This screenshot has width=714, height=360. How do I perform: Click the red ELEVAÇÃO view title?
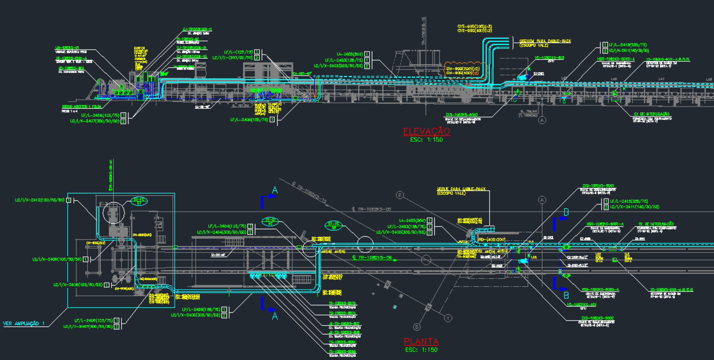click(x=426, y=131)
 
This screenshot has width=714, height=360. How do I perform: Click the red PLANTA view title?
click(x=421, y=342)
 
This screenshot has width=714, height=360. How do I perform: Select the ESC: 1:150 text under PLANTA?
click(x=421, y=350)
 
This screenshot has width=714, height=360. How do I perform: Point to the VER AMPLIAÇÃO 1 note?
click(x=24, y=324)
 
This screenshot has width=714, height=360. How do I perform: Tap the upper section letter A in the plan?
click(x=275, y=190)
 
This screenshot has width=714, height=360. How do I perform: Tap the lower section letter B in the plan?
click(x=566, y=295)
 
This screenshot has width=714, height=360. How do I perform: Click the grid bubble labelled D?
click(x=417, y=327)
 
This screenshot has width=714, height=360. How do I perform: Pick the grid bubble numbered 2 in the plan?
click(x=400, y=195)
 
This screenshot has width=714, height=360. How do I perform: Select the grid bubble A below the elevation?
click(x=542, y=120)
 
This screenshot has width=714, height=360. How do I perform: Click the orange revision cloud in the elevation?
click(x=465, y=70)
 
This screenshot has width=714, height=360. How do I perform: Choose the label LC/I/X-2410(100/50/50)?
click(x=40, y=200)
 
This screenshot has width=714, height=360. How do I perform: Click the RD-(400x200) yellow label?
click(x=492, y=240)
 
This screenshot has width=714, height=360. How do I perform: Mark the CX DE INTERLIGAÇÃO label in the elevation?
click(x=652, y=114)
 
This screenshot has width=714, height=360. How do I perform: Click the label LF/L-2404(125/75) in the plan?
click(x=227, y=226)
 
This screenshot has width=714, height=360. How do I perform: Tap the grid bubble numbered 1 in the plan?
click(x=448, y=318)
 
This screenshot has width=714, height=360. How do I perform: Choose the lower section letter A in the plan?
click(x=275, y=316)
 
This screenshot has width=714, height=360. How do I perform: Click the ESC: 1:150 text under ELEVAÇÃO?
click(x=426, y=140)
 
